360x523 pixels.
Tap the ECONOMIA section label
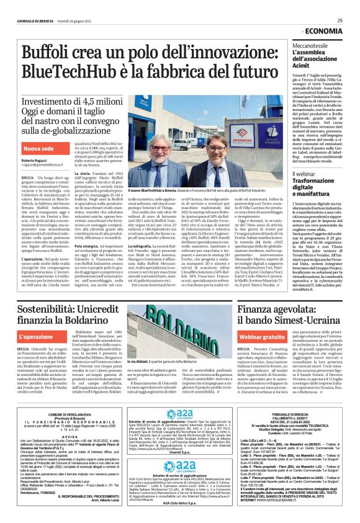[x=322, y=31]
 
